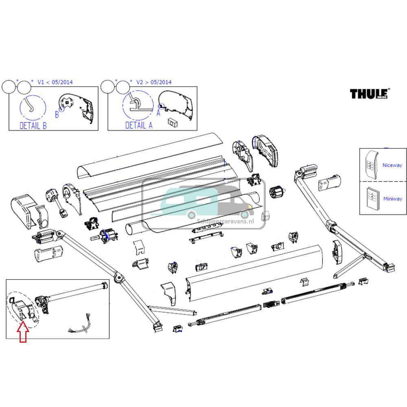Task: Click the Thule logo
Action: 369,94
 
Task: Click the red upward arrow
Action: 24,331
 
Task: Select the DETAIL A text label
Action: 138,125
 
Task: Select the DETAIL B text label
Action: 33,125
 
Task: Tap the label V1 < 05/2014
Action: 55,82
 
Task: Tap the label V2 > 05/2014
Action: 153,82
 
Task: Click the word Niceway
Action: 392,165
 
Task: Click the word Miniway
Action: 392,199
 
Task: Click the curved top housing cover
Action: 150,155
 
